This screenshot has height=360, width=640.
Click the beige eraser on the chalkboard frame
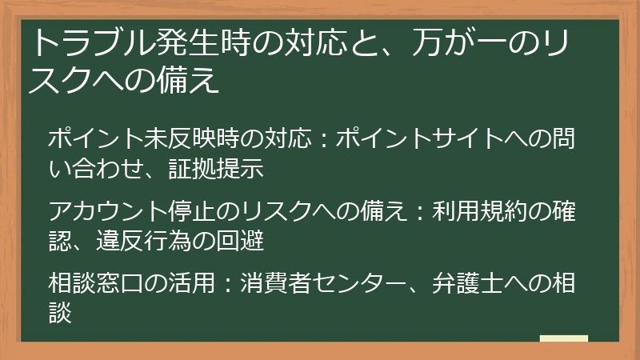click(564, 338)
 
